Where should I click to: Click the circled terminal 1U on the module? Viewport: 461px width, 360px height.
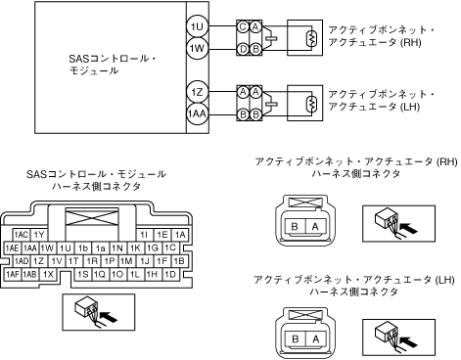197,26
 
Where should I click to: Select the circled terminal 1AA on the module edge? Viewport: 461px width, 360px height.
197,113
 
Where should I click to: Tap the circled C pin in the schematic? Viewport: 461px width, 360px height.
243,26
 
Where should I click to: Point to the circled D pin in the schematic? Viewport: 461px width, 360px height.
243,49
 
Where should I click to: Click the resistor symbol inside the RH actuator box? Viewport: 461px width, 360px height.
311,38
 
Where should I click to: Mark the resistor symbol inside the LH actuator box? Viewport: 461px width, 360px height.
311,104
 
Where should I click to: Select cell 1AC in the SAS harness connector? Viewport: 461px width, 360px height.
21,235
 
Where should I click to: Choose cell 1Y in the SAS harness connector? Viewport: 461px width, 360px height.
39,235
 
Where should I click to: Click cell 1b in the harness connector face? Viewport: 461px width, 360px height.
83,248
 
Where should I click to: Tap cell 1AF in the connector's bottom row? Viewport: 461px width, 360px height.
13,275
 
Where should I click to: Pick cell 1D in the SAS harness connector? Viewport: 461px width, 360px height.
170,275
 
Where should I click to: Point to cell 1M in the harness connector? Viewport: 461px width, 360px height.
126,261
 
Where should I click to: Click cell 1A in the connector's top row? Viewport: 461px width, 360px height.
180,235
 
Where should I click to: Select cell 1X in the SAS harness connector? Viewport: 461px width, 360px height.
48,275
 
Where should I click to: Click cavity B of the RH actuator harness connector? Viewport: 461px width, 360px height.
295,226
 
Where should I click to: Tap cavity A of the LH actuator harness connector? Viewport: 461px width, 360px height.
315,339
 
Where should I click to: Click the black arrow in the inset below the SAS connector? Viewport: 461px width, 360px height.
108,317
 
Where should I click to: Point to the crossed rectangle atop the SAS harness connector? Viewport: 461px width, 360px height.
92,217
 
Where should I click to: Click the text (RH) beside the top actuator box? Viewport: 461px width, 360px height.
411,42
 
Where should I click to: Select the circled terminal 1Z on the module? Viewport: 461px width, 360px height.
197,93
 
